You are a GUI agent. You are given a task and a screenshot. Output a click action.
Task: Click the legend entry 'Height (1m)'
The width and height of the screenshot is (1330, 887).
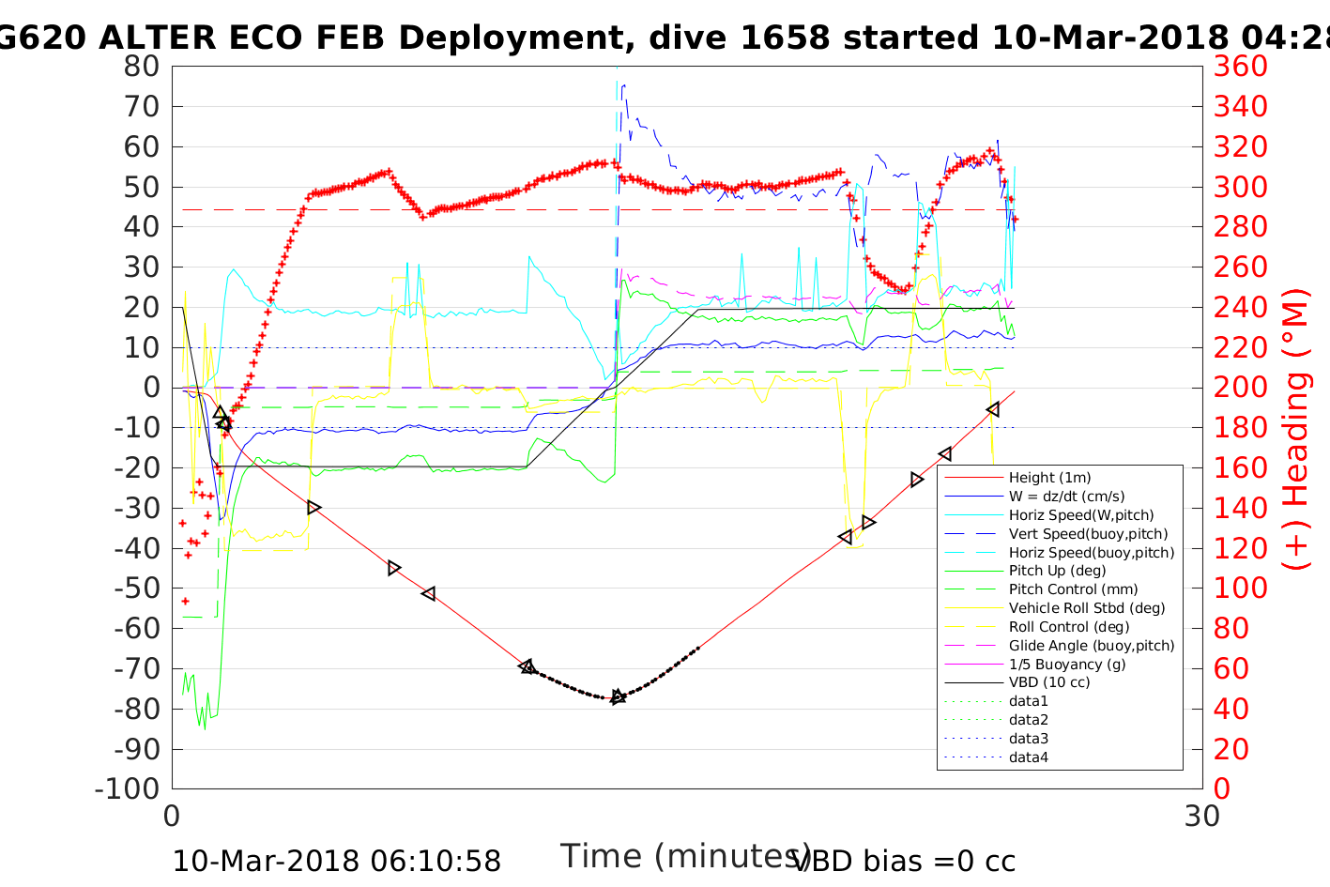pos(1049,478)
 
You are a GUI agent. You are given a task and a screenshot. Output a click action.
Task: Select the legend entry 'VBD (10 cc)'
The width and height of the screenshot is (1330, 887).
pos(1049,682)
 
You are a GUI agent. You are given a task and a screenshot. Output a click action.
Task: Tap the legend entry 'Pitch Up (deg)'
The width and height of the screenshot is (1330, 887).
pos(1057,571)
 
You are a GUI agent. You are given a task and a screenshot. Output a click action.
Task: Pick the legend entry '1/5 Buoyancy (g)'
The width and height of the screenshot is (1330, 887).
pos(1067,664)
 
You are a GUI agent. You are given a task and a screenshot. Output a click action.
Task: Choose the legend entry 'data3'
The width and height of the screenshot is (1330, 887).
pos(1028,739)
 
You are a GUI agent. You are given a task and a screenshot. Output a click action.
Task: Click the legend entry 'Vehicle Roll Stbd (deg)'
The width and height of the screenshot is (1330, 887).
pos(1087,608)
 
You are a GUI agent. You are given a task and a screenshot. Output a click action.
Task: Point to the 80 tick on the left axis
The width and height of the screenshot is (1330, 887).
pos(142,67)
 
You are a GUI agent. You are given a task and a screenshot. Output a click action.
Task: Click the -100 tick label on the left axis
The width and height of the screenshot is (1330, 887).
pos(132,789)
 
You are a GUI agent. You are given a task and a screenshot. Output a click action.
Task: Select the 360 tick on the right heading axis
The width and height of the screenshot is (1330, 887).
pos(1240,67)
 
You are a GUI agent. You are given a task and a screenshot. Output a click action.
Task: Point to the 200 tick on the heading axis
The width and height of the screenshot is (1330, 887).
pos(1240,388)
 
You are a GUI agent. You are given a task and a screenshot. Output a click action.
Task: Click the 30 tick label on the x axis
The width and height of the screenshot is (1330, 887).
pos(1201,816)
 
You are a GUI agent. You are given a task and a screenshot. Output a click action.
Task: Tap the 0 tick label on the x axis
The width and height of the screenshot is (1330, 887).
pos(172,816)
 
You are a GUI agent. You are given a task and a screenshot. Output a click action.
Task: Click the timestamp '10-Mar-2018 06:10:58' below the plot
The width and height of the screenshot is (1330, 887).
pos(336,861)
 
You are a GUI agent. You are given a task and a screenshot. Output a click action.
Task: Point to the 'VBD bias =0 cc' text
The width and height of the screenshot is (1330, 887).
pos(904,861)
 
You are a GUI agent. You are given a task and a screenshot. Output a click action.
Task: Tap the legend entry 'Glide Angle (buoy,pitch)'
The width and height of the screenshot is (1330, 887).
pos(1092,646)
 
